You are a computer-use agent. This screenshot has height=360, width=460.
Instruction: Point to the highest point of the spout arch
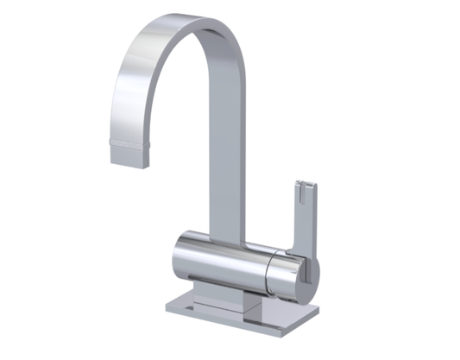click(194, 19)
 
